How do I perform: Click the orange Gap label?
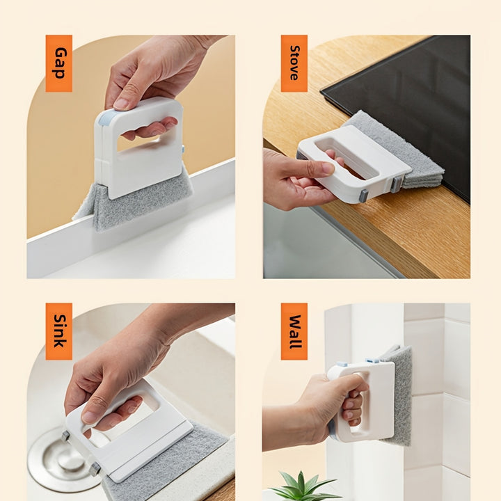coord(58,63)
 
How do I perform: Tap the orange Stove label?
coord(294,63)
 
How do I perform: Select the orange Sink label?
coord(58,331)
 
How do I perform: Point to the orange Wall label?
coord(294,331)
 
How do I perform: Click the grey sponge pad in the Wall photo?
coord(399,396)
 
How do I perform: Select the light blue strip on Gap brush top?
coord(105,118)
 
